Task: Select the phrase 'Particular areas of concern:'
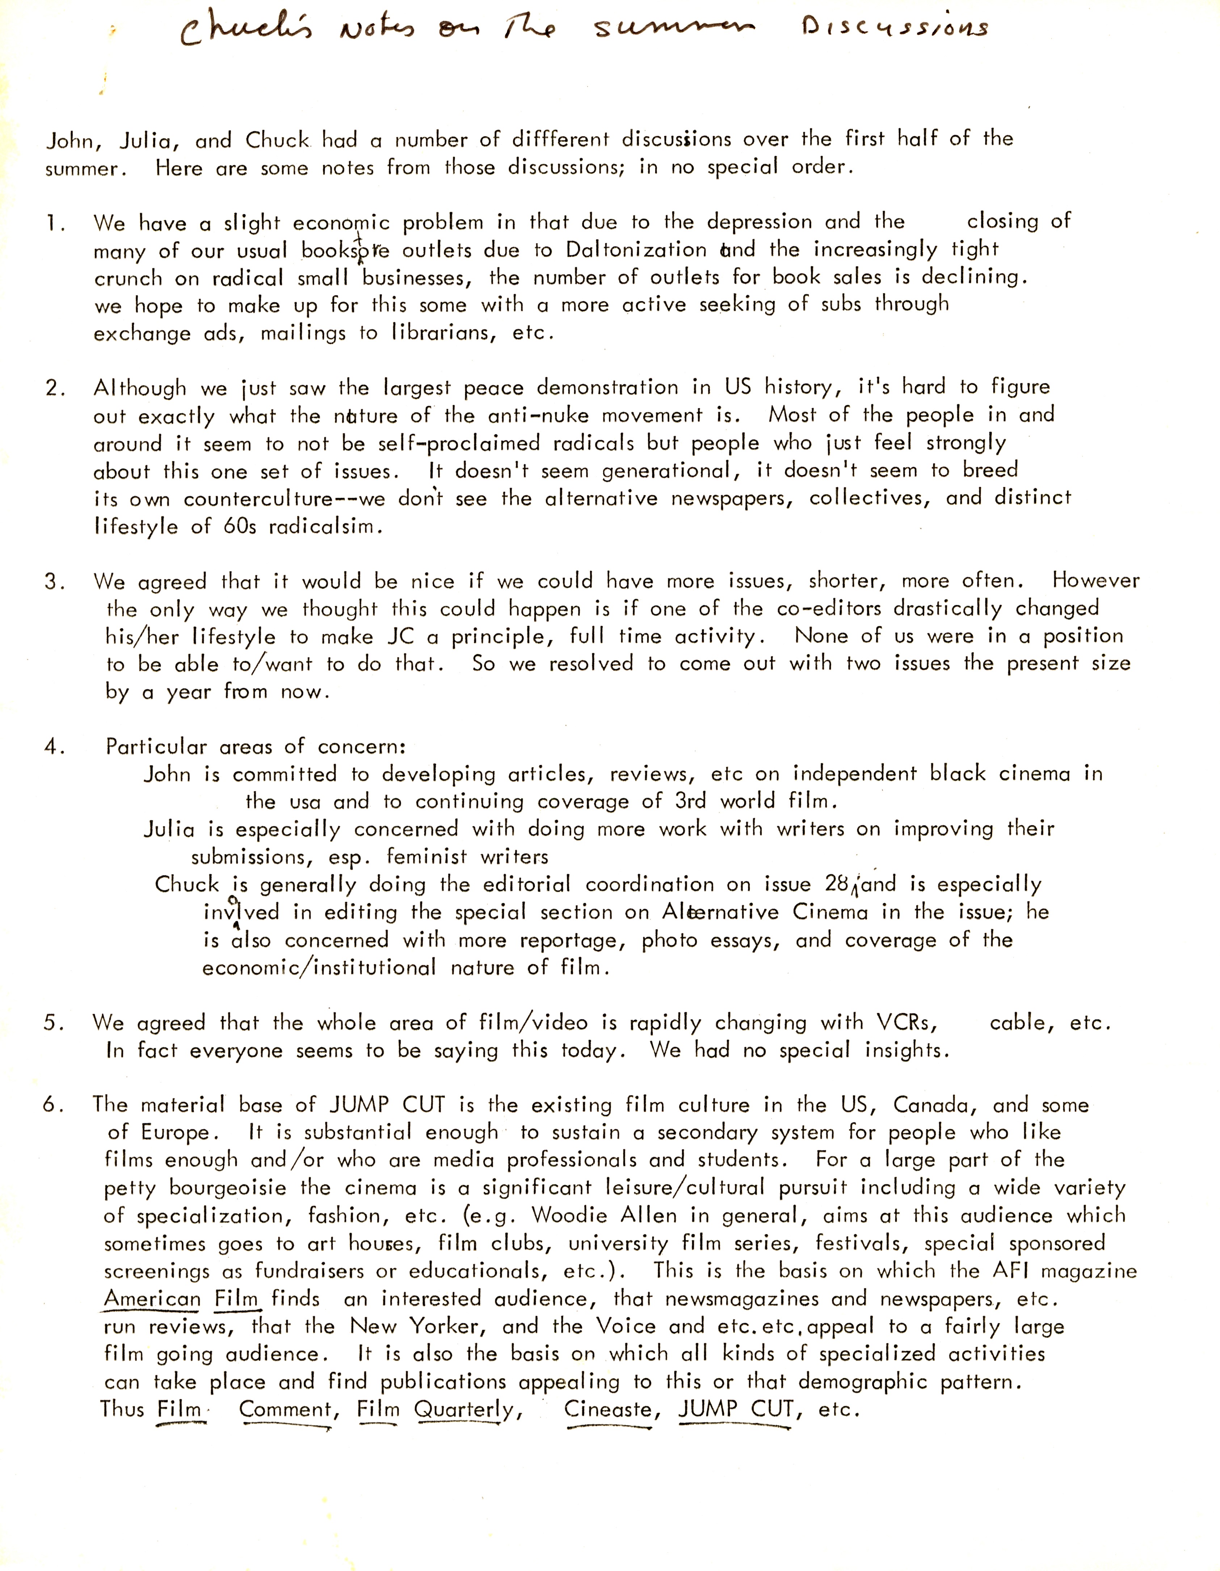[x=256, y=747]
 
